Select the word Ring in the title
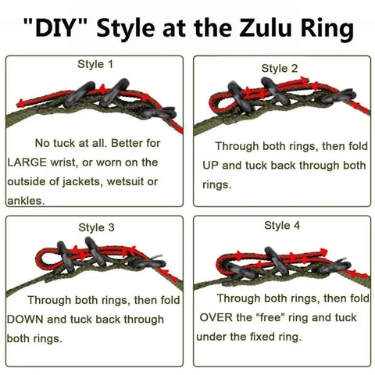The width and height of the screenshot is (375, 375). coord(327,29)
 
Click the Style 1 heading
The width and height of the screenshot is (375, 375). coord(95,64)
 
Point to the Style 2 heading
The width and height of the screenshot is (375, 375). coord(280,68)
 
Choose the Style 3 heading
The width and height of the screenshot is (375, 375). coord(96,227)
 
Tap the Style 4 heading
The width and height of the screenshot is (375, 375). coord(282,225)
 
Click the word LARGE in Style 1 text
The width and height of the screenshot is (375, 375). coord(27,162)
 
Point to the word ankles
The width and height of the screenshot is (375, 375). coord(26,201)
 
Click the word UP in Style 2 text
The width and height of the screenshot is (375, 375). coord(210,166)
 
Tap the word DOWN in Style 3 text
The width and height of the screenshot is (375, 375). coord(25,320)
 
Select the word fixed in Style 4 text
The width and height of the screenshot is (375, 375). coord(262,337)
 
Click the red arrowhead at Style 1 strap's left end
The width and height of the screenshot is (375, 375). coord(20,103)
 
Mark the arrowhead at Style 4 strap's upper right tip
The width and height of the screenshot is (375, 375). coord(323,252)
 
